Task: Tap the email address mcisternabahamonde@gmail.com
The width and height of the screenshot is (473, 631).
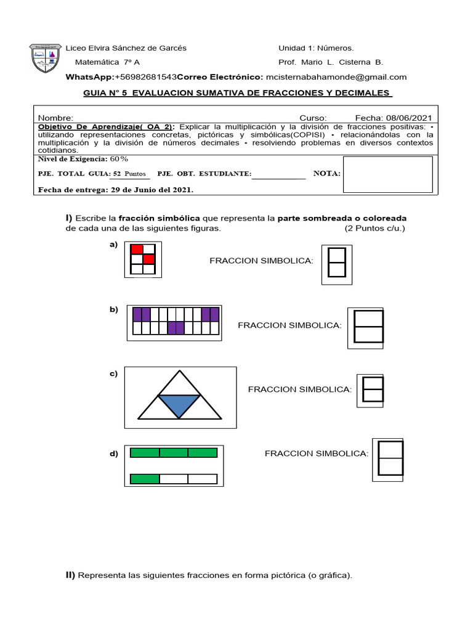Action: (336, 77)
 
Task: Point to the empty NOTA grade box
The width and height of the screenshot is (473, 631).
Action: (387, 174)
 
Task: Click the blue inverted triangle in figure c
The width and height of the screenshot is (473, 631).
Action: (179, 405)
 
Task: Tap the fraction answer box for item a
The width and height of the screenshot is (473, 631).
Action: (336, 262)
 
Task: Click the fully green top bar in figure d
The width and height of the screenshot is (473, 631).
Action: (174, 453)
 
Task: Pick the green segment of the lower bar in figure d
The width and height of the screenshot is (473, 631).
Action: (145, 479)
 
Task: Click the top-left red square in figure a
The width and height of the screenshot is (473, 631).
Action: (137, 249)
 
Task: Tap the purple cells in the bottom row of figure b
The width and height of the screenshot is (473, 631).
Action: (176, 328)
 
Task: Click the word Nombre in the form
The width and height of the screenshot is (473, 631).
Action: (55, 118)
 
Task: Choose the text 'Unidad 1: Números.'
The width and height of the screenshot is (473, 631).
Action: (316, 48)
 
